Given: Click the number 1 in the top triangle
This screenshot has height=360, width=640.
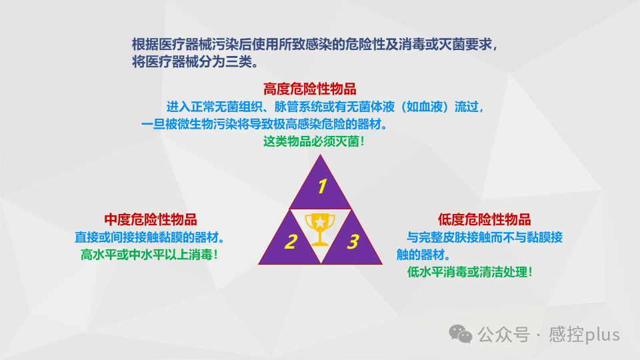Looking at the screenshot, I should [321, 186].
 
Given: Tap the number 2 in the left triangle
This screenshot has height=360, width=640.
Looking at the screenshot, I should [290, 242].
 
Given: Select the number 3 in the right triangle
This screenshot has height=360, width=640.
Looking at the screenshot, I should [353, 242].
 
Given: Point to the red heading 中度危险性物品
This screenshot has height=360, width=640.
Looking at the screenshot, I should [150, 219].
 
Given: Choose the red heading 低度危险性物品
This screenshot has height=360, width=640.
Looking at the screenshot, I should [484, 219].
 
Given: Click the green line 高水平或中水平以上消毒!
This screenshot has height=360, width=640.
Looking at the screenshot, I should [150, 254].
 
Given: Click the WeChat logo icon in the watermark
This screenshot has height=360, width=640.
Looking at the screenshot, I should [460, 333].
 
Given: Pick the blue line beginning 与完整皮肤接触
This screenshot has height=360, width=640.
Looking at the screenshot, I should [485, 237].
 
